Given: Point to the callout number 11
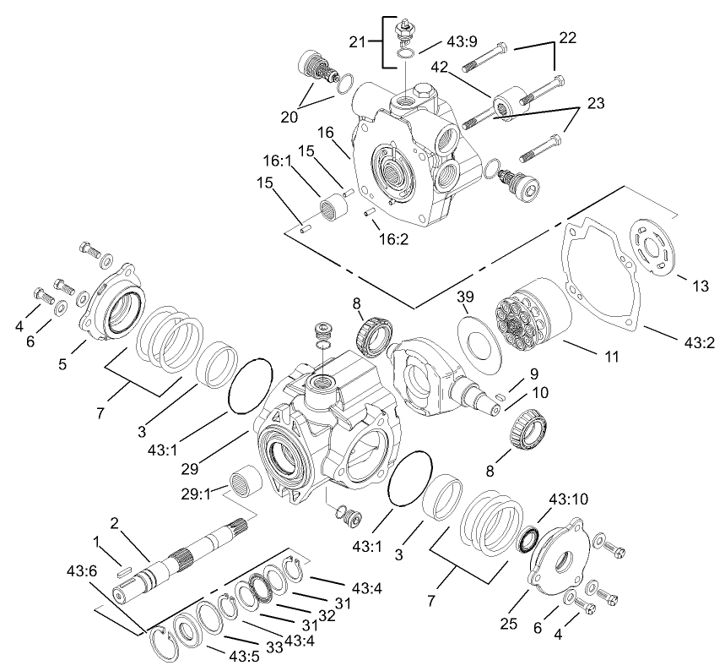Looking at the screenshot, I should click(613, 357).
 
